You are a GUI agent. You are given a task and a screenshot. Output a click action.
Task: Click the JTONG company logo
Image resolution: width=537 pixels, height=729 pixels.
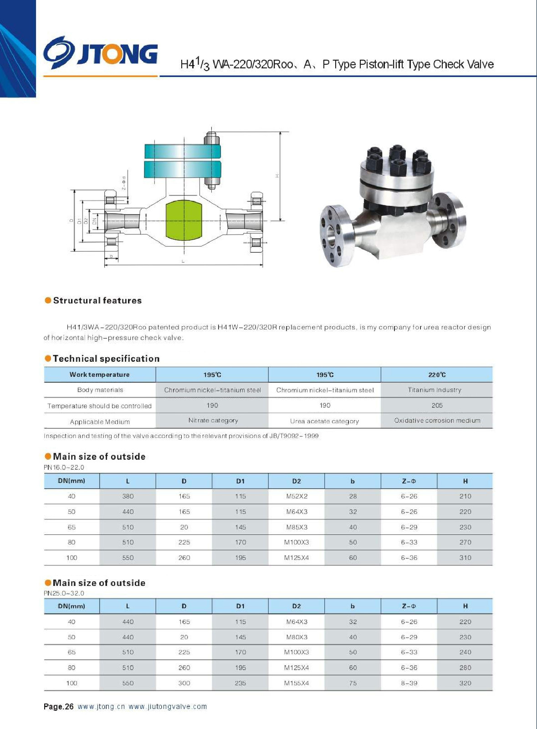[x=101, y=53]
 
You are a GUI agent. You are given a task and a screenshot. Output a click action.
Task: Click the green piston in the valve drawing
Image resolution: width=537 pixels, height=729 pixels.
[x=184, y=220]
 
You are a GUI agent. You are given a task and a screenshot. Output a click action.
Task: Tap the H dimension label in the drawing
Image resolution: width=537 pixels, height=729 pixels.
[x=277, y=176]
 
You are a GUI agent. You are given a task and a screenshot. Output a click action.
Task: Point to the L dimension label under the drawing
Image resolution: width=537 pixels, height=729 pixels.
[x=183, y=261]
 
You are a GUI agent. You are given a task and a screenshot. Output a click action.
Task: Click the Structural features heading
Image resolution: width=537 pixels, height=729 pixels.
[x=97, y=301]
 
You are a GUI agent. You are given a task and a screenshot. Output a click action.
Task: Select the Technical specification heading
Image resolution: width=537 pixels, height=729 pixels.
[x=106, y=359]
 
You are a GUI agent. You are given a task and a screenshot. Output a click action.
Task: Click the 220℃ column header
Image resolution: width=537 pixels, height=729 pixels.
[x=437, y=375]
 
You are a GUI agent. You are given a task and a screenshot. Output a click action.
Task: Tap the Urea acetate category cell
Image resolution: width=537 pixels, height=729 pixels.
[x=324, y=421]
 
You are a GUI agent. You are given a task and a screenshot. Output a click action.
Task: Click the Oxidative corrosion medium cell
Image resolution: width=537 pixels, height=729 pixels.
[x=437, y=421]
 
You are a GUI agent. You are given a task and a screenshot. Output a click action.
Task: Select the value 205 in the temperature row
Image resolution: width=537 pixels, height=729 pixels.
[x=437, y=405]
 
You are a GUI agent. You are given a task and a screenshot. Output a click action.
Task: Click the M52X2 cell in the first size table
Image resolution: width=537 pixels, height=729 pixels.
[x=297, y=496]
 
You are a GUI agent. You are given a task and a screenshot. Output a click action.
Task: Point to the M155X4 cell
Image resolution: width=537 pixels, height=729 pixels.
[x=297, y=683]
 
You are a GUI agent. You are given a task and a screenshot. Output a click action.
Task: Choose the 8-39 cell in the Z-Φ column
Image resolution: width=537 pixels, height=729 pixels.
[x=409, y=683]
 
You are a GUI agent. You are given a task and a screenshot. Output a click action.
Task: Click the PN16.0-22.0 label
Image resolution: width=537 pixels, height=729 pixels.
[x=64, y=467]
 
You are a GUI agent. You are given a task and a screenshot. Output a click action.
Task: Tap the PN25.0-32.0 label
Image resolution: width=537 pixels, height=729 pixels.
[x=64, y=593]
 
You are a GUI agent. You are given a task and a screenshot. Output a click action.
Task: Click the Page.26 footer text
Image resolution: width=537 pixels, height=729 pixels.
[x=58, y=707]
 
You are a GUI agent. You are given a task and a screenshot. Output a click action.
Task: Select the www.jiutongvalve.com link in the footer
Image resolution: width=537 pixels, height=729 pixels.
[x=168, y=707]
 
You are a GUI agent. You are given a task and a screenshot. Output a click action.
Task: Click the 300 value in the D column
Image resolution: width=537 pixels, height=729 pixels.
[x=184, y=683]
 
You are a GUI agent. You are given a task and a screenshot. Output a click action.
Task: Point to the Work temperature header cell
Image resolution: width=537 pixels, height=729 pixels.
[x=99, y=375]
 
